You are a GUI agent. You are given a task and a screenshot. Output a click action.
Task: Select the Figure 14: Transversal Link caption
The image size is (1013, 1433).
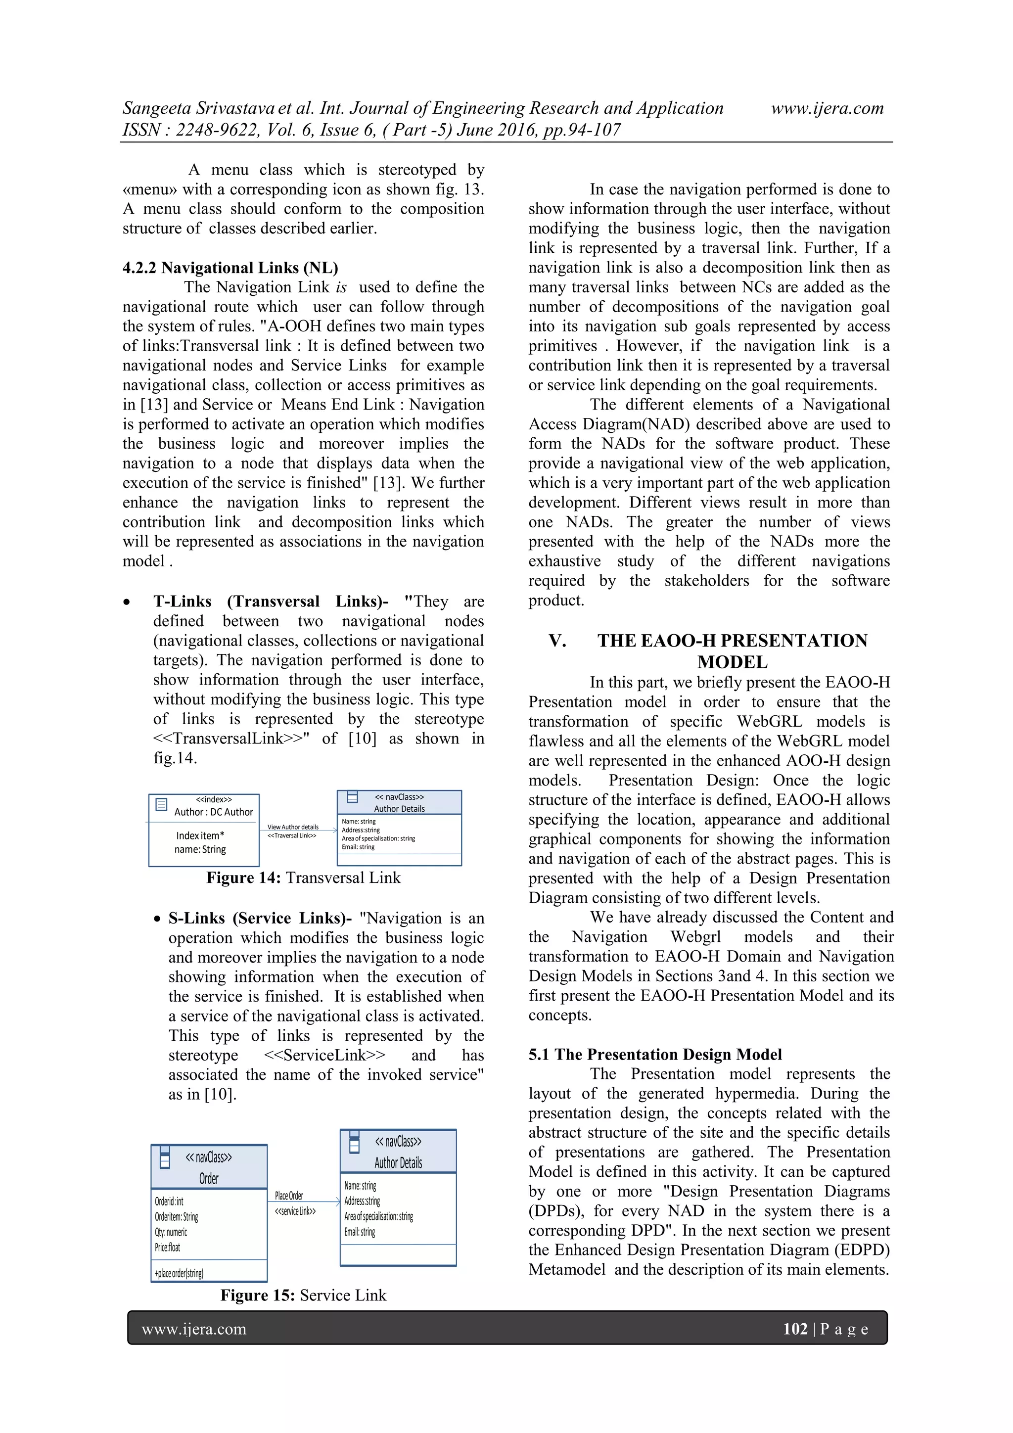(303, 878)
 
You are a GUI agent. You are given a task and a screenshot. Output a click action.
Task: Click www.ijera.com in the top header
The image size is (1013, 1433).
(827, 108)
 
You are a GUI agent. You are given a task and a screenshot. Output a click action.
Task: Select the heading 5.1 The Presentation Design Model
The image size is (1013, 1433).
(655, 1054)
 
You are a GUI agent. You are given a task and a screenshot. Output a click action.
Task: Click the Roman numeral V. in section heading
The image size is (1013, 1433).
(557, 641)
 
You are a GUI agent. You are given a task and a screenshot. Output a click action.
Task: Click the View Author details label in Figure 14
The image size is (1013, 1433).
(293, 827)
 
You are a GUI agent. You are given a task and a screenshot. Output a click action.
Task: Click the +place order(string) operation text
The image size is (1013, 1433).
(179, 1273)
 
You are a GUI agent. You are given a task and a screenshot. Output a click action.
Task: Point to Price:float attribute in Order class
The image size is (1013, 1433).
(167, 1247)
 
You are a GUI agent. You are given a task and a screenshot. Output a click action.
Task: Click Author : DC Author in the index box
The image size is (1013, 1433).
(214, 812)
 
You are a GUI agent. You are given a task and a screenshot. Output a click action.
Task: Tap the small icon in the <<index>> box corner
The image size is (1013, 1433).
(161, 804)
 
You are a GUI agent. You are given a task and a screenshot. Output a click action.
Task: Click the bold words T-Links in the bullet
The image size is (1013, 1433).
(182, 601)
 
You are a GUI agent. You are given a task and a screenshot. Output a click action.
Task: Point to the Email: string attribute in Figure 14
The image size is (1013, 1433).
(358, 847)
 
